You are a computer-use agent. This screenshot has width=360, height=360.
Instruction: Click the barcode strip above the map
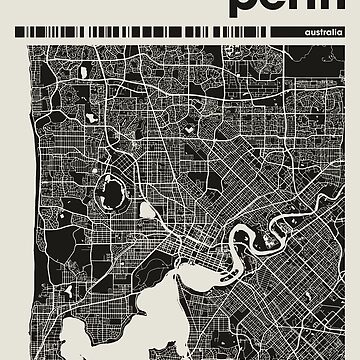click(150, 38)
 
